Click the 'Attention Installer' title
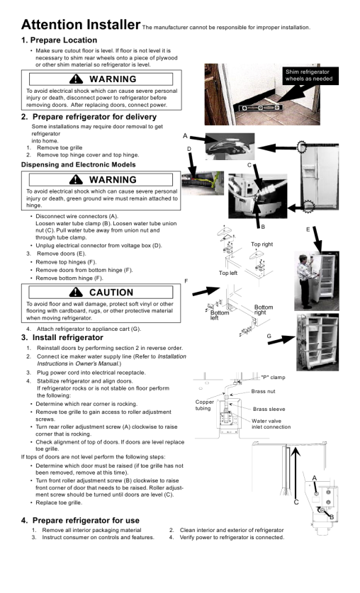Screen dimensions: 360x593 pos(81,25)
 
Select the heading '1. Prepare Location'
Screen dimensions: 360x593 pos(59,40)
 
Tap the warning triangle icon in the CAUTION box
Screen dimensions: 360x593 pos(76,292)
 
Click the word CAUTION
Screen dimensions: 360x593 pos(111,293)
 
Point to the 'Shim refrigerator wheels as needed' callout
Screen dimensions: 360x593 pos(309,75)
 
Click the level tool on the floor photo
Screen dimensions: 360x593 pos(261,108)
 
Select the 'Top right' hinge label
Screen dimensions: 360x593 pos(261,244)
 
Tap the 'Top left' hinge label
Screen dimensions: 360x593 pos(228,273)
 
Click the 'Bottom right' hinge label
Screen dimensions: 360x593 pos(263,310)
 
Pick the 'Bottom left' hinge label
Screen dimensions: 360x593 pos(220,315)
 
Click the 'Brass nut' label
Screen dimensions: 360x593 pos(263,391)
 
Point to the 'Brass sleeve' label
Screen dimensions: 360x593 pos(269,410)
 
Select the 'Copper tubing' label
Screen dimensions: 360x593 pos(205,405)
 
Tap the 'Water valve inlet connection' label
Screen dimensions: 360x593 pos(271,424)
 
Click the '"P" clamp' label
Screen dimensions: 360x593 pos(273,378)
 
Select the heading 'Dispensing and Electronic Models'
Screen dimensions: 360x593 pos(78,165)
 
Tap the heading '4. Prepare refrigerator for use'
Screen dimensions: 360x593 pos(80,521)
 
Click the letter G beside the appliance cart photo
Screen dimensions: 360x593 pos(269,336)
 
